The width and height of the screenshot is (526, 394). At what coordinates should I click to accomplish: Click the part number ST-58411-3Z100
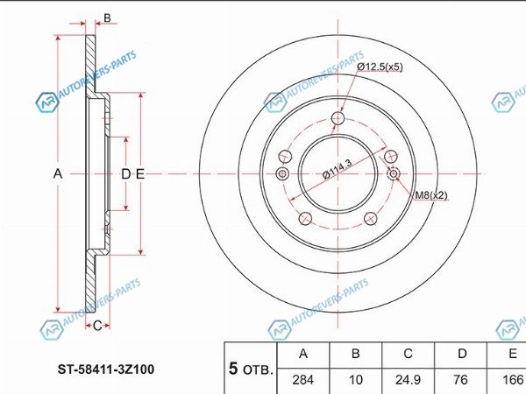[x=106, y=369]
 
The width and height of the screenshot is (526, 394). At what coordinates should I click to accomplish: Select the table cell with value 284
[x=303, y=380]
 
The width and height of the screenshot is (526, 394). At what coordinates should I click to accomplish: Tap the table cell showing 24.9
[x=408, y=380]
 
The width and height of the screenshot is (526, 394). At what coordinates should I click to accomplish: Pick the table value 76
[x=460, y=380]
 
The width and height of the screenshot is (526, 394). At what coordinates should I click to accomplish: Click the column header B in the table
[x=356, y=354]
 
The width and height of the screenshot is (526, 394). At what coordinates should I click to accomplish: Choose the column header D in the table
[x=462, y=354]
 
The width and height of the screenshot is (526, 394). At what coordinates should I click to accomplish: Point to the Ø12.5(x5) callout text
[x=380, y=67]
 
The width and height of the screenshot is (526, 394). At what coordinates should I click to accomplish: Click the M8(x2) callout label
[x=431, y=195]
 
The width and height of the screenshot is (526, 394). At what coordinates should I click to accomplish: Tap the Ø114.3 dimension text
[x=337, y=170]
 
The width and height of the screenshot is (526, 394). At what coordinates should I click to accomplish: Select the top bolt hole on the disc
[x=338, y=118]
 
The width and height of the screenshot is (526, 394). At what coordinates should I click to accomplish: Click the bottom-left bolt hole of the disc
[x=305, y=218]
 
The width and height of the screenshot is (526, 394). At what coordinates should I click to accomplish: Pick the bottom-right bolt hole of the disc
[x=370, y=218]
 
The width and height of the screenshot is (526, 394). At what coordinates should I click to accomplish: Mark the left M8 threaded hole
[x=282, y=173]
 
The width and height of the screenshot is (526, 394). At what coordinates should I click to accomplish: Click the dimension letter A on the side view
[x=58, y=174]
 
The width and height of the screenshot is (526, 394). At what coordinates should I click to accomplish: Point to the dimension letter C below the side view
[x=97, y=326]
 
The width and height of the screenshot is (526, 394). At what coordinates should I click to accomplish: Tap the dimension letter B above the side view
[x=107, y=18]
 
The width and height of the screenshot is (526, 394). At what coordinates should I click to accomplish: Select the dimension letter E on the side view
[x=140, y=174]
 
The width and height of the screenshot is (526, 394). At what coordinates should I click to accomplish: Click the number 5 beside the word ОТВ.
[x=233, y=369]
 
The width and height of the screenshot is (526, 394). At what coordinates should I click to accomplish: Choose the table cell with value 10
[x=356, y=380]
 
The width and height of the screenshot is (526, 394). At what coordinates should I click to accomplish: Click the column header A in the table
[x=303, y=354]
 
